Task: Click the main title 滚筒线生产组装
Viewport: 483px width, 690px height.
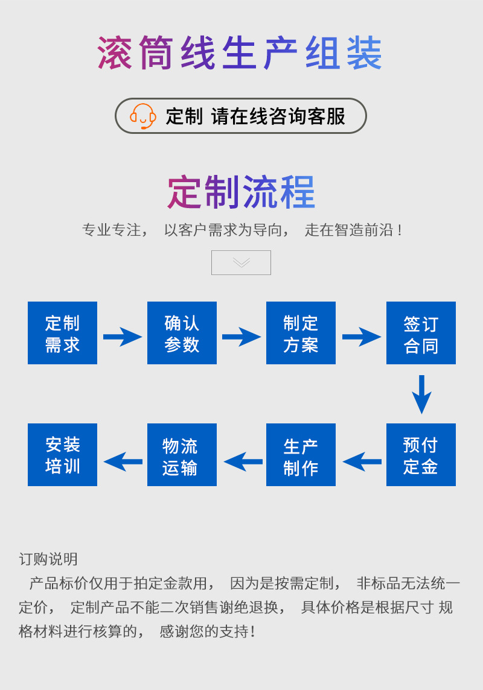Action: [x=240, y=53]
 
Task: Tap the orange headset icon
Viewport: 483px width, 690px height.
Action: [x=143, y=116]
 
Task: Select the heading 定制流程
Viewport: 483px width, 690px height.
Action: [x=241, y=192]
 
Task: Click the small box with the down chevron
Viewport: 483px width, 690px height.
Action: [x=241, y=262]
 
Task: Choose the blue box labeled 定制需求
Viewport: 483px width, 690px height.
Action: [x=62, y=333]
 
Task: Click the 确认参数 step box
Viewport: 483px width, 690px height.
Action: [x=182, y=333]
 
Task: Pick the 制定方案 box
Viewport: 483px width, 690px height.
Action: [x=301, y=333]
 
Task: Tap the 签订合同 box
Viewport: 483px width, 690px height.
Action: [x=421, y=333]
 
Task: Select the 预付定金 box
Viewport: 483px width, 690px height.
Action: [x=421, y=455]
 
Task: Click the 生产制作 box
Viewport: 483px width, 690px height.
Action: [x=301, y=455]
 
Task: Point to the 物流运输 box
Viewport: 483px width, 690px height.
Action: [x=182, y=455]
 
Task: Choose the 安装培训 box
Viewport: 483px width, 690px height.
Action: [x=62, y=455]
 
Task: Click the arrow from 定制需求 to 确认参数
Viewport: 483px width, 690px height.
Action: [x=123, y=337]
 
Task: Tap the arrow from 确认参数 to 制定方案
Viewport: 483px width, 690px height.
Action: [x=241, y=337]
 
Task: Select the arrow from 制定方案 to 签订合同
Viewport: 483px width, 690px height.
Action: [x=362, y=337]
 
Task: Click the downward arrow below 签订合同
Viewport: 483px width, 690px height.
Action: [x=421, y=394]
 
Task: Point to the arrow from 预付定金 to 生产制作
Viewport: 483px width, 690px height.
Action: [x=362, y=461]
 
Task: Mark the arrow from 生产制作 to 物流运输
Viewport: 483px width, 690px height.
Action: [x=243, y=461]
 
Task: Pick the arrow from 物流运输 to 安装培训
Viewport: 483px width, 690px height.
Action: [x=123, y=461]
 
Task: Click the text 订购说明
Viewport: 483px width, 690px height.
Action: [x=48, y=559]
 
